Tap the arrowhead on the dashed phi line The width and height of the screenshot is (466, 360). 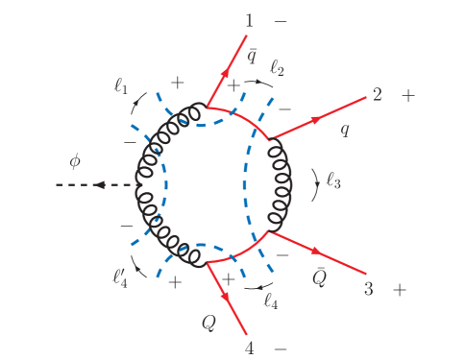[x=99, y=185]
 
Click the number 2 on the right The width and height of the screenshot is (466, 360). [x=378, y=95]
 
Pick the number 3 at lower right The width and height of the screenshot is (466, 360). [x=367, y=288]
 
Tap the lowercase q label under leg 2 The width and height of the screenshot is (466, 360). [x=344, y=131]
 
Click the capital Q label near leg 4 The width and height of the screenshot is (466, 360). [x=208, y=323]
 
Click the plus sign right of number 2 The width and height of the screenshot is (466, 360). [x=409, y=95]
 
